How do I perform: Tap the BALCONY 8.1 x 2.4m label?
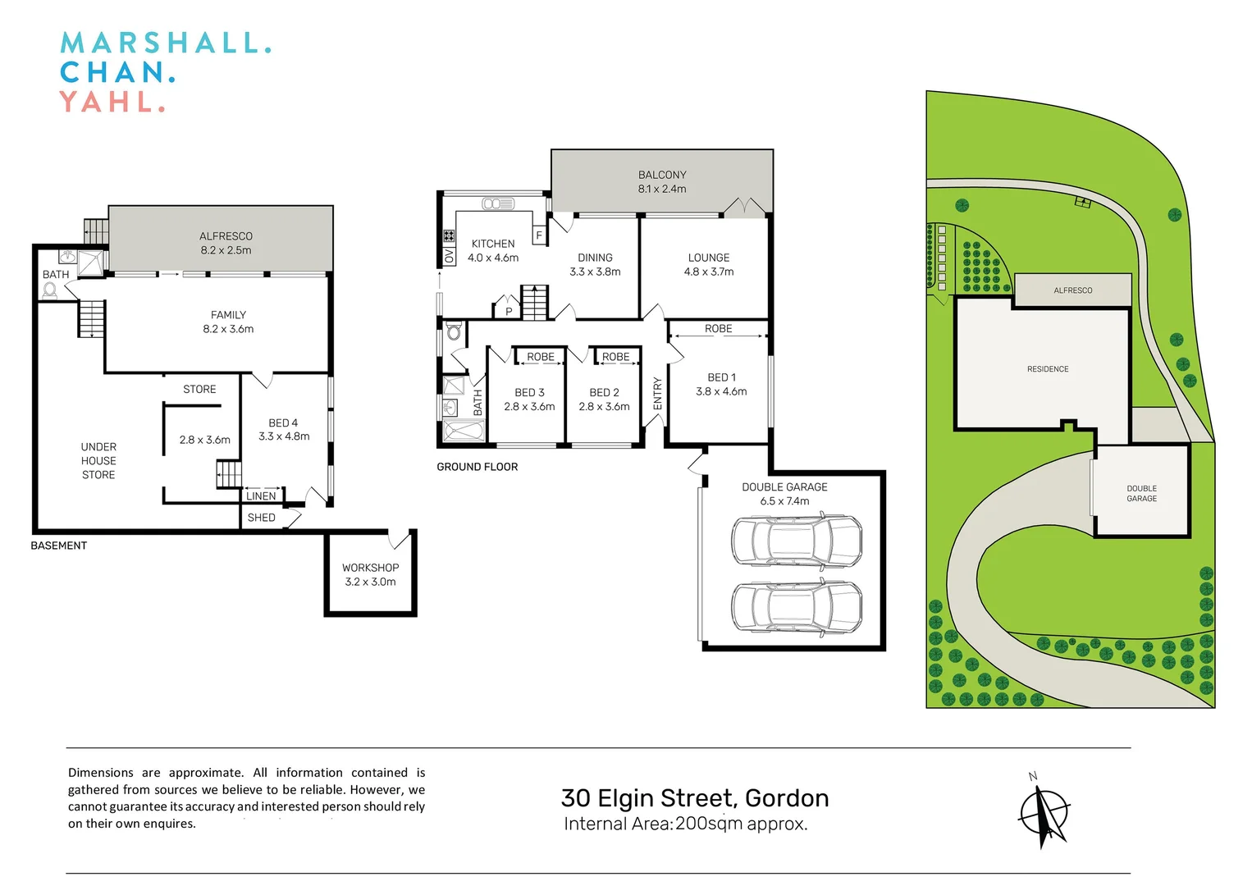(662, 181)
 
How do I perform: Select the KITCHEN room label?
(493, 244)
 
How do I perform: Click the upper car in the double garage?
(796, 541)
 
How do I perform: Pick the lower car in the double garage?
(796, 606)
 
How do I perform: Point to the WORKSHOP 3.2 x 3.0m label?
(370, 574)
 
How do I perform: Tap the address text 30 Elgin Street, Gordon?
(694, 798)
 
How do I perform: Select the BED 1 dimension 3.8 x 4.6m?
(721, 391)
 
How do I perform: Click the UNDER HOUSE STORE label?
(98, 460)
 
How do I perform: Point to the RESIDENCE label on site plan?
(1048, 369)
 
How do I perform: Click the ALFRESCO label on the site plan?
(1072, 290)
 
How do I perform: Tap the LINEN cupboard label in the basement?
(261, 496)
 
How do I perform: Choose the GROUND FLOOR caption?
(477, 467)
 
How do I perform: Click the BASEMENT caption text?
(58, 546)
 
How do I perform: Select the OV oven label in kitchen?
(449, 257)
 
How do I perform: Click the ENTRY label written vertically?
(657, 394)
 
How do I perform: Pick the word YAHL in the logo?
(112, 103)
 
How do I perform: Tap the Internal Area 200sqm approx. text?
(685, 824)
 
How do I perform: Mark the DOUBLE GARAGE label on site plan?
(1141, 493)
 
